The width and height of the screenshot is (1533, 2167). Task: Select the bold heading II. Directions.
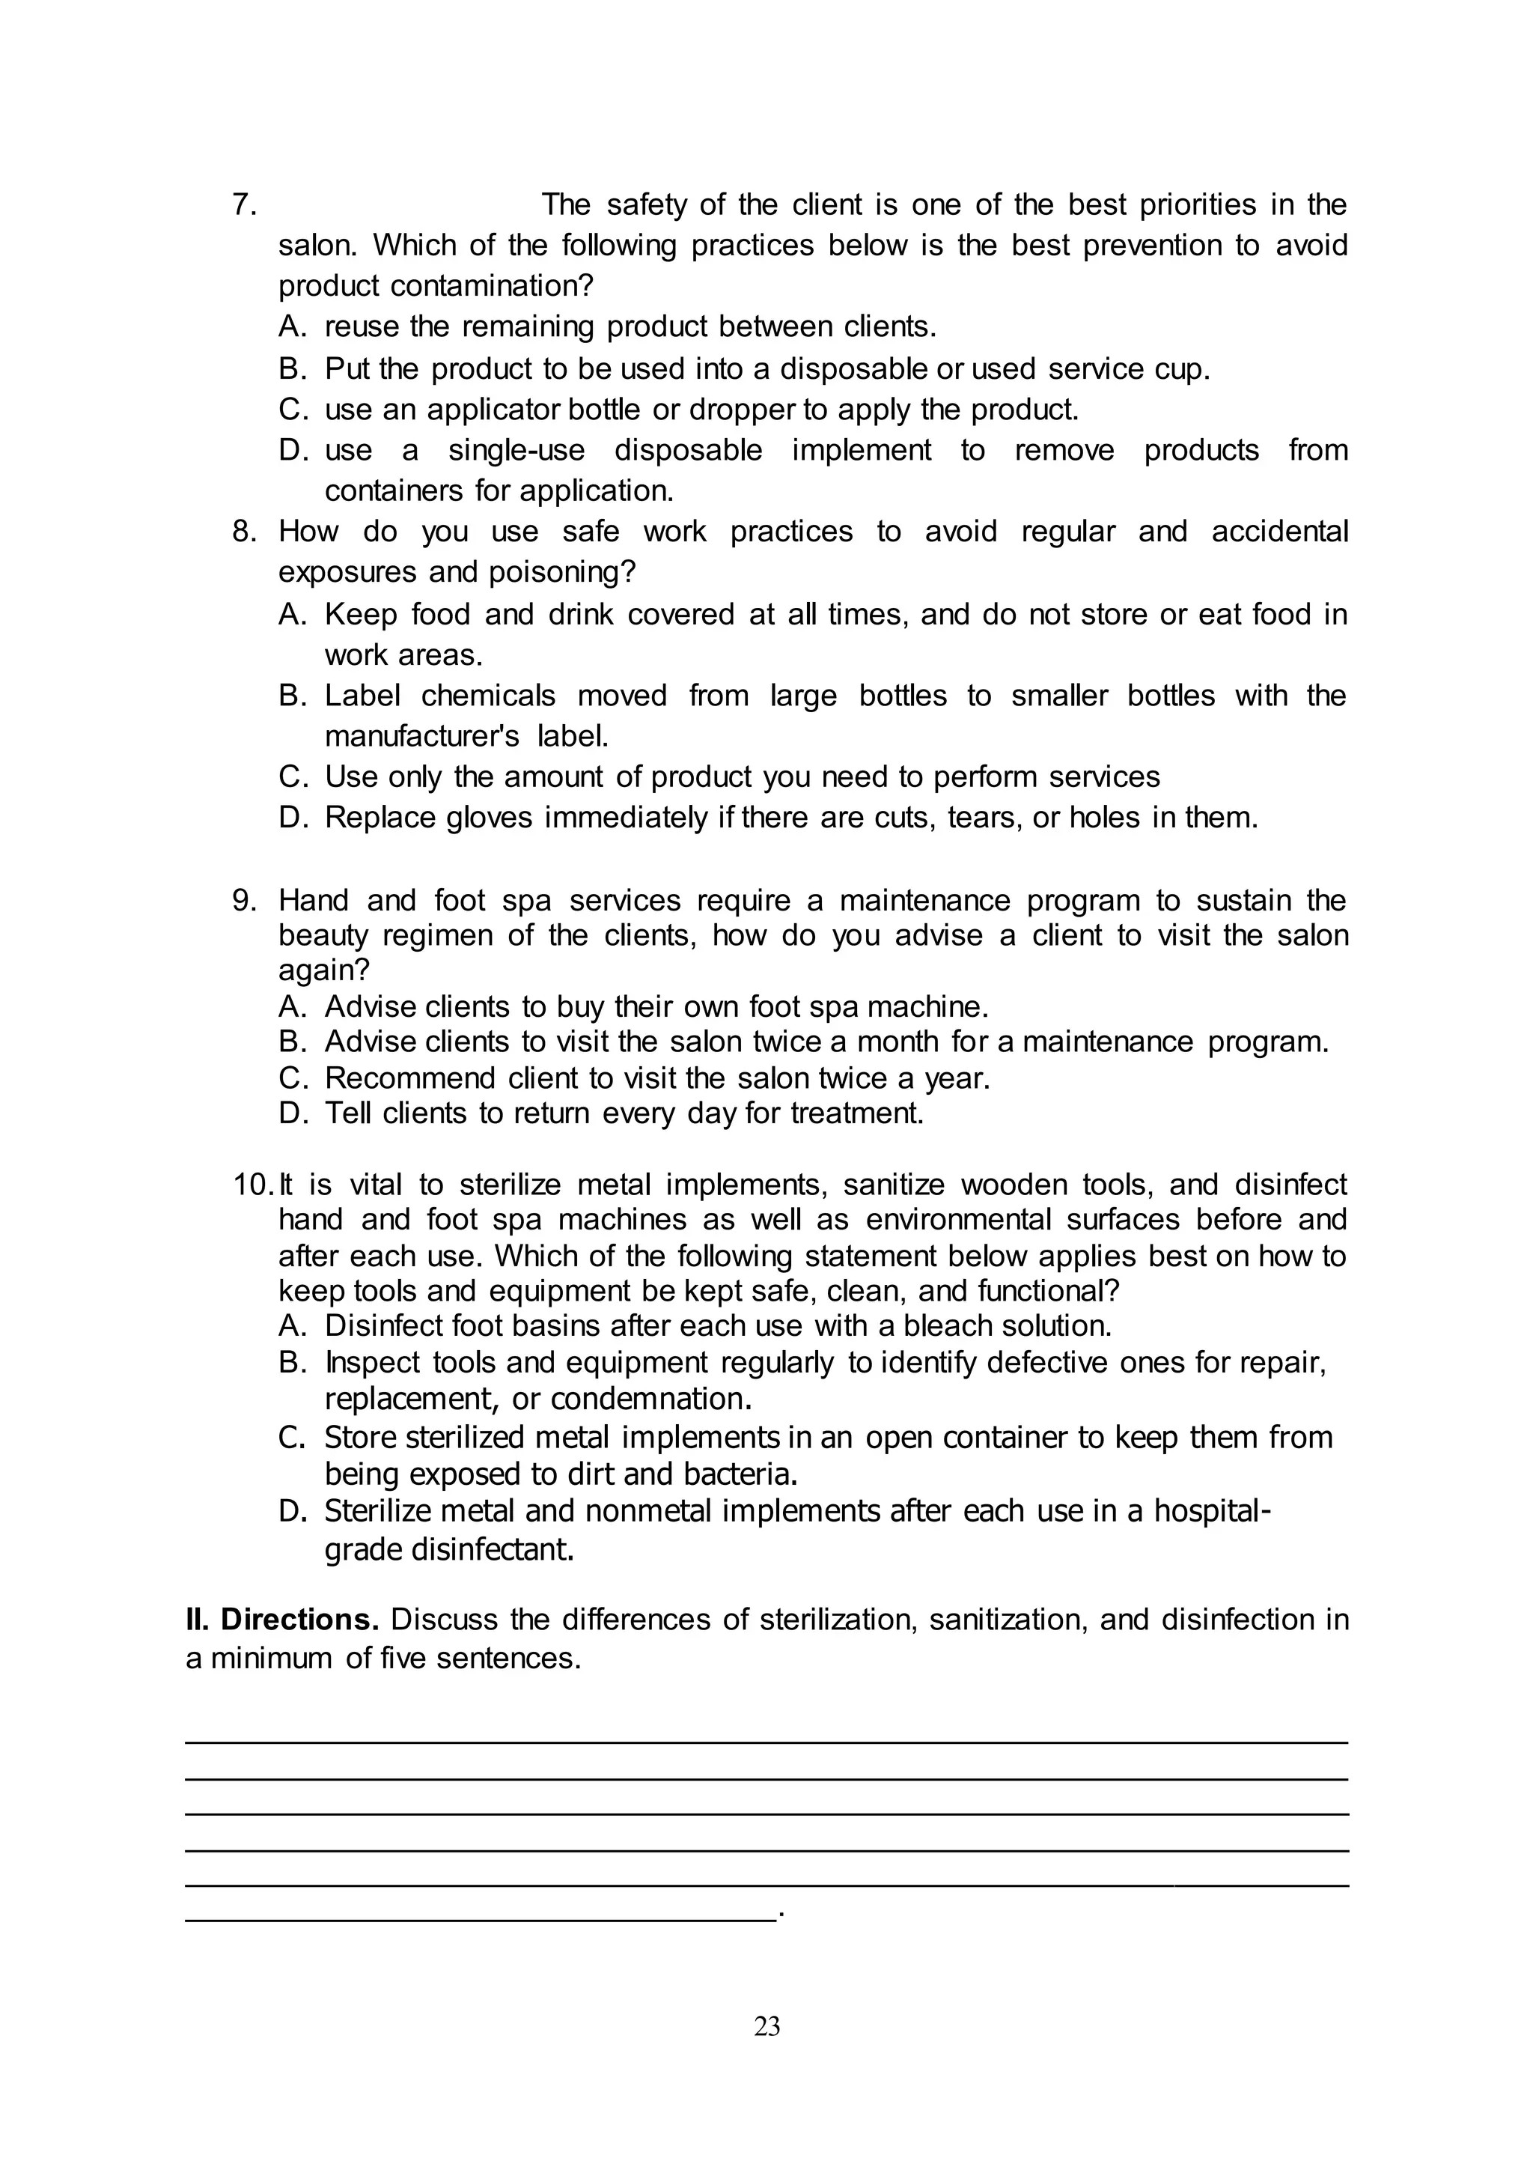tap(282, 1620)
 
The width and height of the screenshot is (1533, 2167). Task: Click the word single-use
tap(516, 450)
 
